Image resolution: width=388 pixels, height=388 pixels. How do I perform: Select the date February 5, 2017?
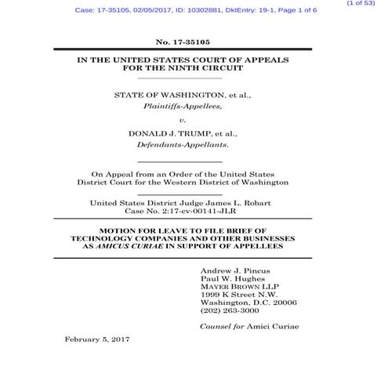pyautogui.click(x=96, y=339)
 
